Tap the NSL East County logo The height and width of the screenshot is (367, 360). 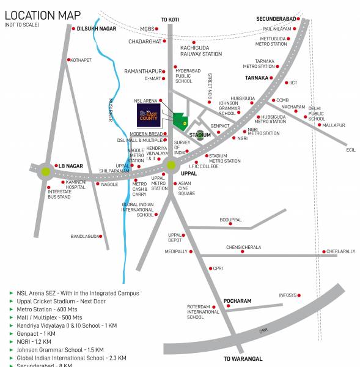149,114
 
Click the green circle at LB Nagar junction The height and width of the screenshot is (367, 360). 46,170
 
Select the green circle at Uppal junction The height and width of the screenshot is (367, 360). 171,164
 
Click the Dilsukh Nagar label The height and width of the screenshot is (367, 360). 96,28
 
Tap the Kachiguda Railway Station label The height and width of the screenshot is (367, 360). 200,50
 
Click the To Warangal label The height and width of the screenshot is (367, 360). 243,358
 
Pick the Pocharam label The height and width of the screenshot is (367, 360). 237,301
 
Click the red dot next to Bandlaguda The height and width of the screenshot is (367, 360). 101,236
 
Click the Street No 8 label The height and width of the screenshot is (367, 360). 209,86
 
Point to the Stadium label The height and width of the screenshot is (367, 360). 200,135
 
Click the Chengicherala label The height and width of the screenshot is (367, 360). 243,247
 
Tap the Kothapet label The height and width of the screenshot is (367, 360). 81,60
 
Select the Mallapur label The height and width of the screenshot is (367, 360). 334,125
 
